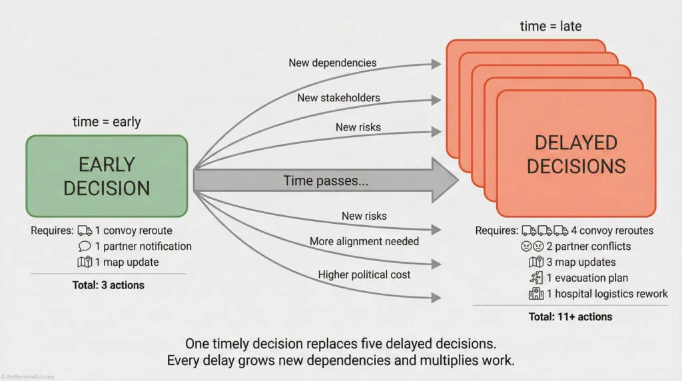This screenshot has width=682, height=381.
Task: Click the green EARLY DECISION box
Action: coord(107,177)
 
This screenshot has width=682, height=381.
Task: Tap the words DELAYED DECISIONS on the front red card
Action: coord(576,154)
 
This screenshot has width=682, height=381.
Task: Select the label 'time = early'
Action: coord(107,122)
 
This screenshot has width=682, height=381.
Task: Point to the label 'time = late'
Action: coord(551,26)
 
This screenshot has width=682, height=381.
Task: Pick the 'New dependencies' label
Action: coord(332,63)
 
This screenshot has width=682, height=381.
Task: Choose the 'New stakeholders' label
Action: coord(338,97)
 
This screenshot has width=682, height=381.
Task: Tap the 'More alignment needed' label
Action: coord(364,241)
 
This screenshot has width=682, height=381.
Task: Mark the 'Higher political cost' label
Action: coord(364,274)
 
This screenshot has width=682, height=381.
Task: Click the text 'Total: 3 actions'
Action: coord(108,285)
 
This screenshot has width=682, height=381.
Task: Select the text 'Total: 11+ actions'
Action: coord(569,317)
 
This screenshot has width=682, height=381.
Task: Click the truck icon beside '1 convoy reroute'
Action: coord(85,230)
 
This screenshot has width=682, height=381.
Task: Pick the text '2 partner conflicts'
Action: coord(589,246)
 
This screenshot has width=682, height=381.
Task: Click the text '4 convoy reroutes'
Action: coord(612,230)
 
